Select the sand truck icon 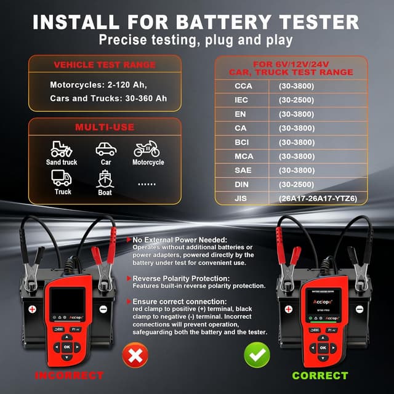click(62, 149)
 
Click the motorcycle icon click(147, 149)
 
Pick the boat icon click(105, 179)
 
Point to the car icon click(105, 149)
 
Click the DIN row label click(241, 184)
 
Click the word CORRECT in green click(320, 376)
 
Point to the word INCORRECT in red click(69, 376)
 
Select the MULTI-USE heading click(105, 127)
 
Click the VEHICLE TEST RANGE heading click(105, 65)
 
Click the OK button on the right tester click(323, 348)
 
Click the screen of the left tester click(67, 301)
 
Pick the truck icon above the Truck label click(62, 179)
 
